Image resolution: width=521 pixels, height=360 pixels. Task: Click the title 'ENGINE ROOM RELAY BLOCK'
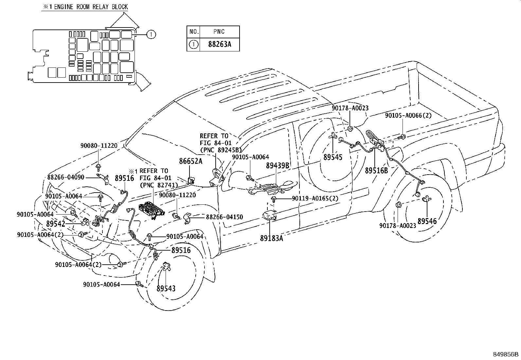click(x=91, y=7)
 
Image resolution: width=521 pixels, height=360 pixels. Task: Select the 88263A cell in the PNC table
click(x=220, y=44)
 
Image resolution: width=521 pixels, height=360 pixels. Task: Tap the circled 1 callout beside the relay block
click(x=151, y=34)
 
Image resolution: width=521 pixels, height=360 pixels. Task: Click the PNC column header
click(x=219, y=32)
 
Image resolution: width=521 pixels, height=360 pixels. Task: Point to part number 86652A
click(x=190, y=161)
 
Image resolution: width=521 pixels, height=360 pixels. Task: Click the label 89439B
click(x=278, y=165)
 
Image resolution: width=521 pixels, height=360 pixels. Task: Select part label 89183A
click(x=271, y=238)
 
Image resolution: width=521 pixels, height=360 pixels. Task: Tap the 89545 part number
click(x=333, y=157)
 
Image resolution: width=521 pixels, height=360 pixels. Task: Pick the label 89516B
click(x=376, y=171)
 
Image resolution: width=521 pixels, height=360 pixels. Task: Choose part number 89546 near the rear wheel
click(x=427, y=221)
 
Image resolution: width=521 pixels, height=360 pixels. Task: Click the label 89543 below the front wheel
click(x=166, y=289)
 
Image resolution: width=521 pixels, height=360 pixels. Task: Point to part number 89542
click(x=56, y=224)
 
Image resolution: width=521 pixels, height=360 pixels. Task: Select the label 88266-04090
click(x=66, y=177)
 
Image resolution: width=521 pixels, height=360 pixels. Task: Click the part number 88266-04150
click(x=225, y=217)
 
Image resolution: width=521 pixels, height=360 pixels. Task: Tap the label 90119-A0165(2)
click(x=315, y=199)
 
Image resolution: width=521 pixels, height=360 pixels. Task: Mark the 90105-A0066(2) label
click(x=408, y=116)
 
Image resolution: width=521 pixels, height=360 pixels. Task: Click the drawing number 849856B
click(x=506, y=354)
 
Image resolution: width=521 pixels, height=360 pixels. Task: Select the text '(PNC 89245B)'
click(x=221, y=150)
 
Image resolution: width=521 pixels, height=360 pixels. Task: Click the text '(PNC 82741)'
click(x=159, y=185)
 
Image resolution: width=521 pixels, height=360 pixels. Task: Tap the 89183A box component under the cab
click(x=270, y=215)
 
